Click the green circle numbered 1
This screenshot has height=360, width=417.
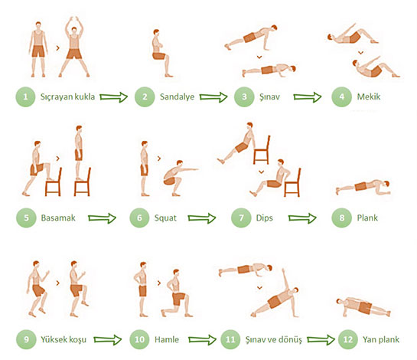(25, 97)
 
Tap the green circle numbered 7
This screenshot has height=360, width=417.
(241, 218)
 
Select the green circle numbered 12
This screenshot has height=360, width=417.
(348, 339)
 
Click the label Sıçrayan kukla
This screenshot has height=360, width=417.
(67, 97)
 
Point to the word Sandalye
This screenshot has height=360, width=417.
(177, 97)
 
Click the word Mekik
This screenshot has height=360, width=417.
(369, 97)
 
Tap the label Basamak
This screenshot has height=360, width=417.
(58, 218)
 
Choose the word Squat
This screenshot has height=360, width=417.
(165, 218)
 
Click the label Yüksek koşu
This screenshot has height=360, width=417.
(64, 339)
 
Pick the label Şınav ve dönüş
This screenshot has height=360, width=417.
(274, 340)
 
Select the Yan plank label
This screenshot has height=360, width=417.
(381, 339)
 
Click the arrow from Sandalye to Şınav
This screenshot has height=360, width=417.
(213, 97)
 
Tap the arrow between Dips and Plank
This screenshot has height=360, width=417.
(302, 218)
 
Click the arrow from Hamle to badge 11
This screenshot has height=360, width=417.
(203, 340)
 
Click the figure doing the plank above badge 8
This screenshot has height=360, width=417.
(363, 187)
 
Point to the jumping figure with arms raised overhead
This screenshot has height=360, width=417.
(74, 47)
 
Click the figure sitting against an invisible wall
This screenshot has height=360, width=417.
(161, 53)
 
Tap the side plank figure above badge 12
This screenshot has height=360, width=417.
(363, 307)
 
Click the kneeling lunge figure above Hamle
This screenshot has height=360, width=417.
(177, 293)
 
